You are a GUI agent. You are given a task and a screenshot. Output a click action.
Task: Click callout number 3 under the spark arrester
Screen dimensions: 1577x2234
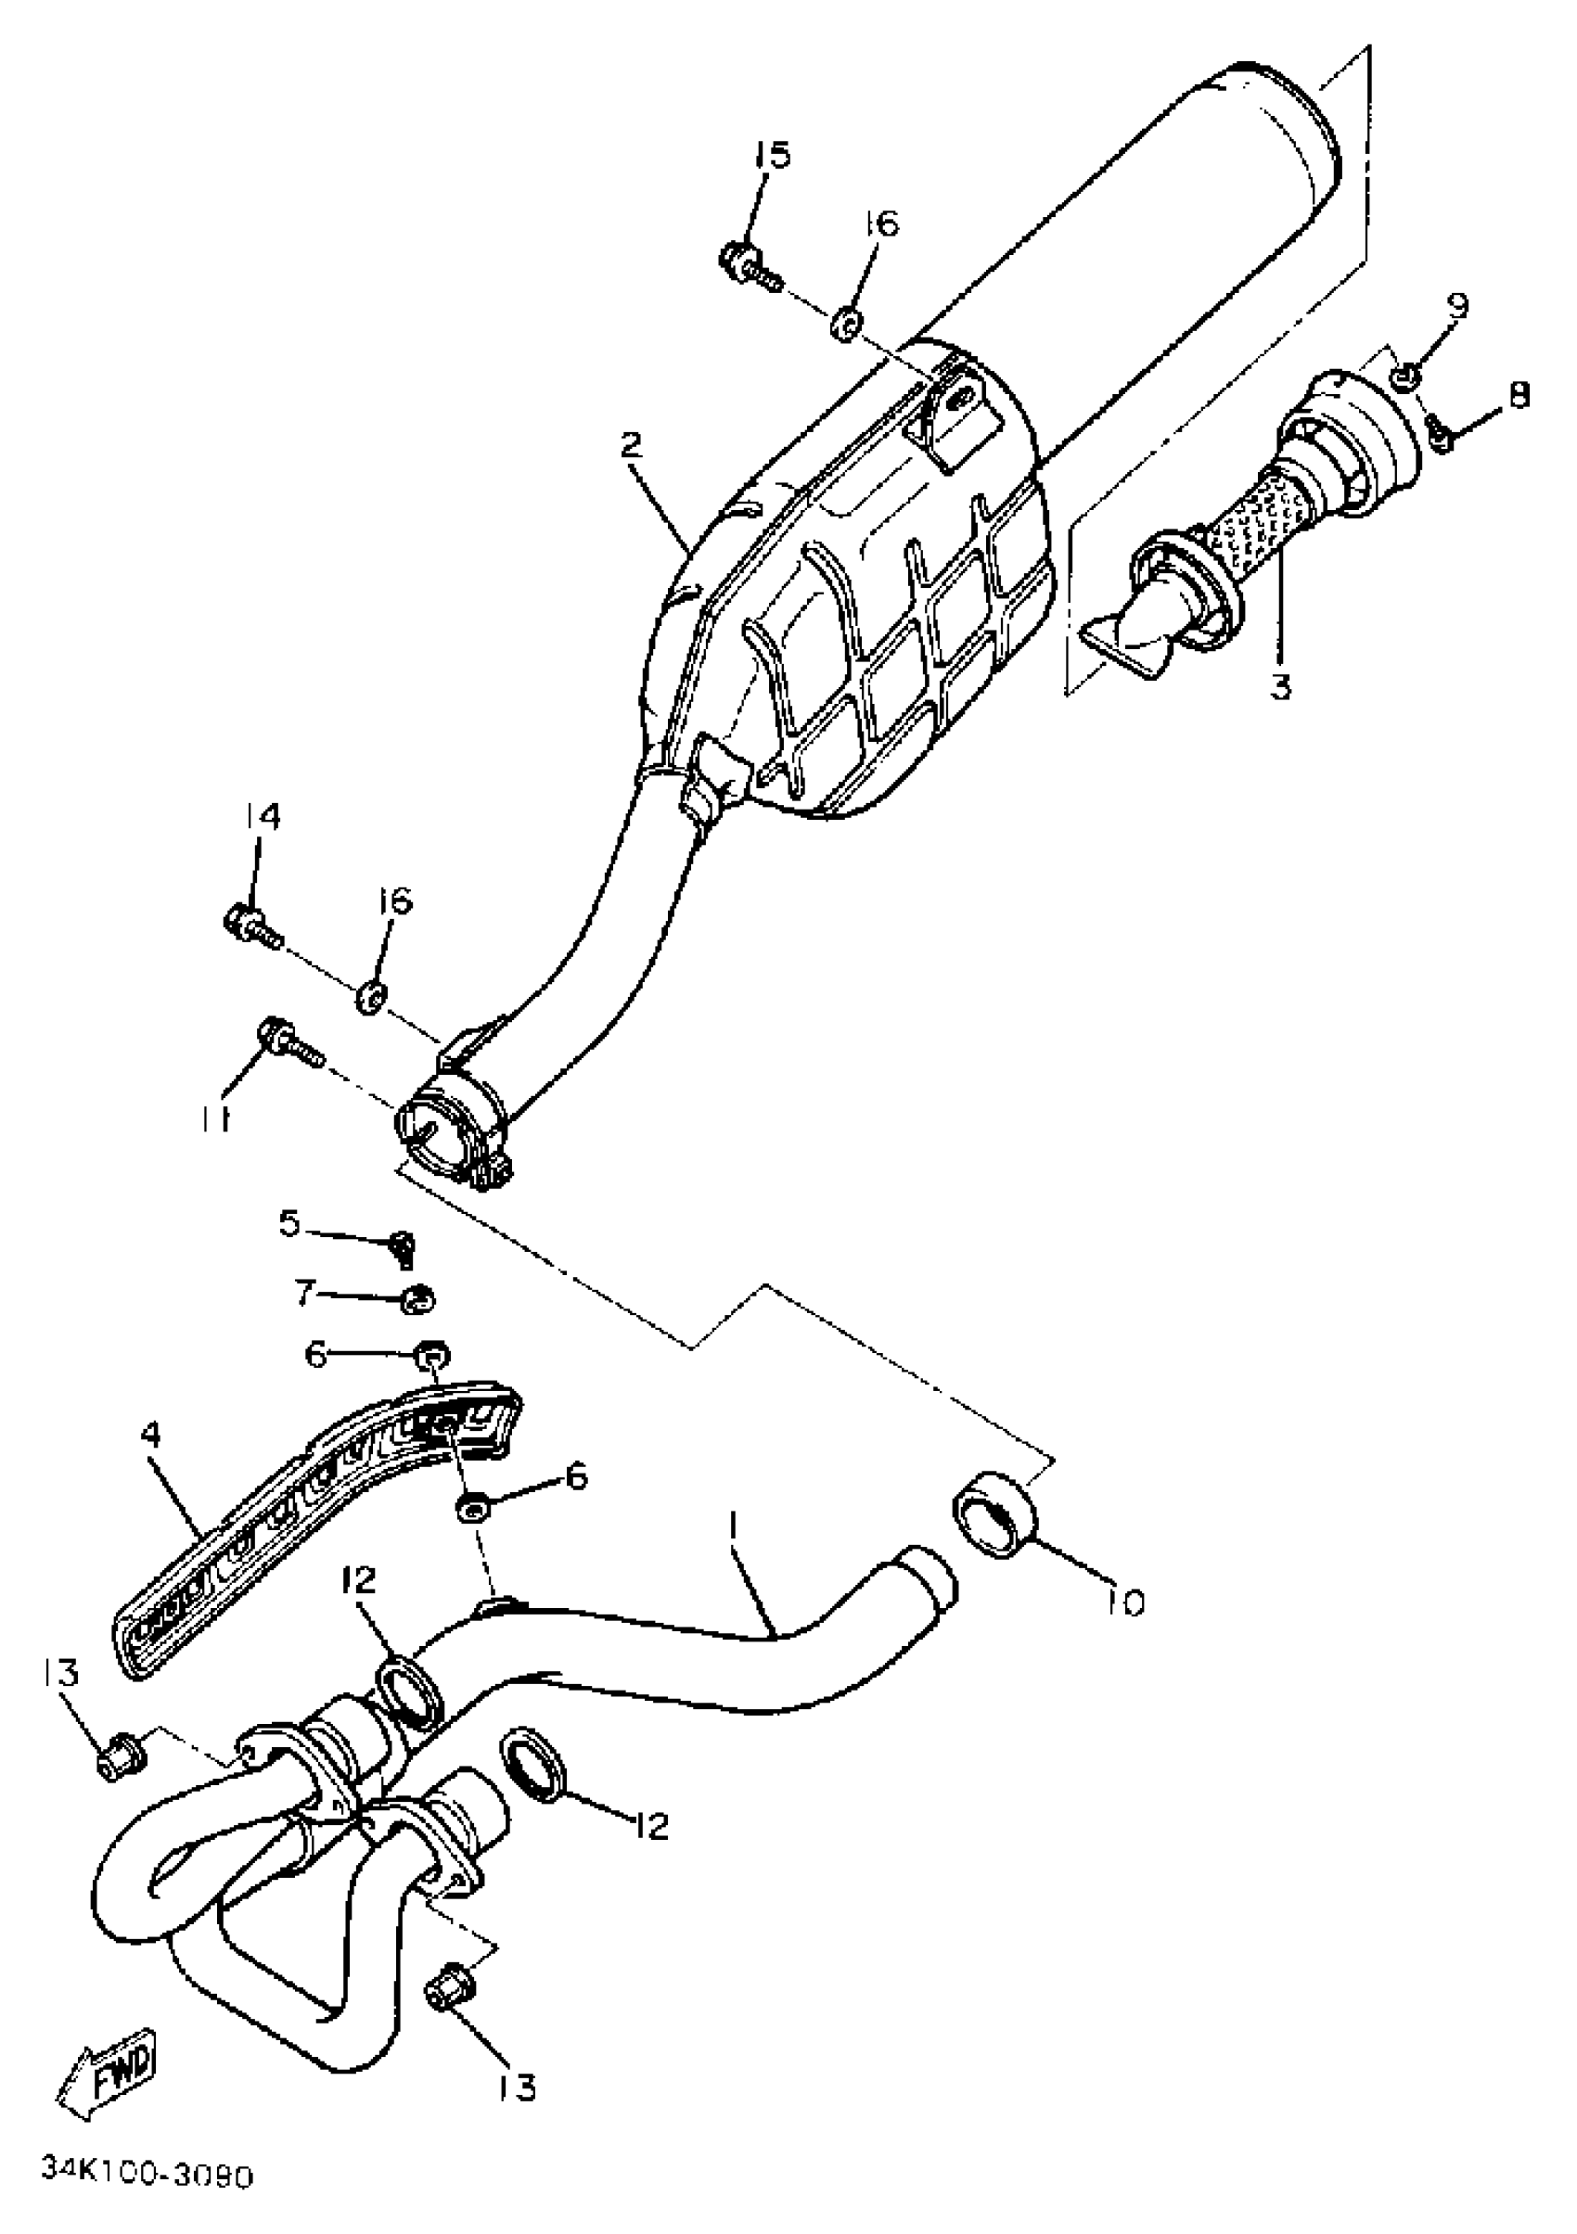(x=1280, y=687)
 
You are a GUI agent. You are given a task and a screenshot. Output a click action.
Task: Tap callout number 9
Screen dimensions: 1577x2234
(x=1456, y=307)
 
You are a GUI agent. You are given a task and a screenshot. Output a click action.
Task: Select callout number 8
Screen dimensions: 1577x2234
(x=1519, y=395)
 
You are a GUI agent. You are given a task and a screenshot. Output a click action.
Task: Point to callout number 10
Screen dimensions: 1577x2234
(x=1126, y=1602)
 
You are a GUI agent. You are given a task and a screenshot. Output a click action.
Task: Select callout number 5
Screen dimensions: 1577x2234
(x=290, y=1223)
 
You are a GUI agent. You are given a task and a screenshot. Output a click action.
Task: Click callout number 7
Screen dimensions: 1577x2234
(x=302, y=1293)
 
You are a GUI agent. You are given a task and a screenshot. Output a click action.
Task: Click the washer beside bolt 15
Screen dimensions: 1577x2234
(x=845, y=325)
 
